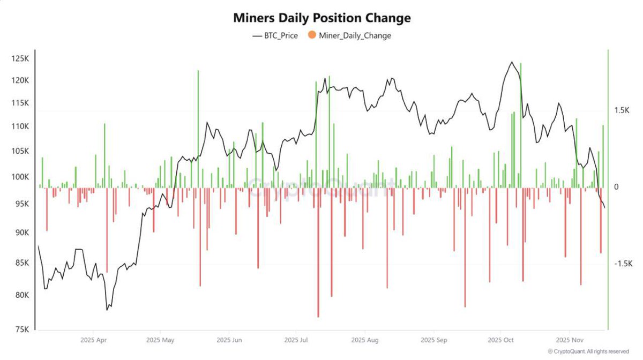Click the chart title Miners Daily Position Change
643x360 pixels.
pyautogui.click(x=322, y=18)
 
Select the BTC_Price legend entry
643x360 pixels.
pyautogui.click(x=274, y=36)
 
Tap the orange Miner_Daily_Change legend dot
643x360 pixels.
pyautogui.click(x=311, y=36)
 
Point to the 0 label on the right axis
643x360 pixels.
pyautogui.click(x=617, y=187)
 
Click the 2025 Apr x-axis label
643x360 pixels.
pyautogui.click(x=94, y=340)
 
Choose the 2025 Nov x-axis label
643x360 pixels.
pyautogui.click(x=570, y=340)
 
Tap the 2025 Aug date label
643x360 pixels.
pyautogui.click(x=365, y=340)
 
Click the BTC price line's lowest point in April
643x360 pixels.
pyautogui.click(x=107, y=310)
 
